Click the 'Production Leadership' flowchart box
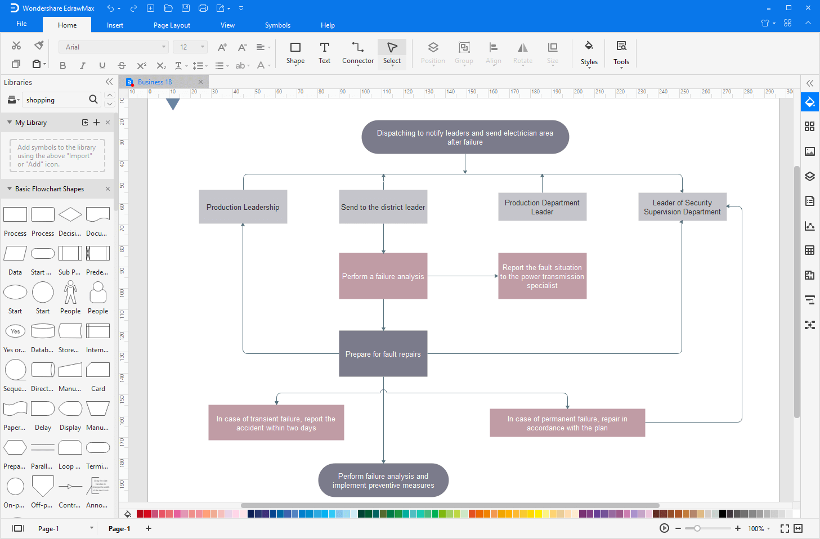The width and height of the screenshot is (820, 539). tap(243, 207)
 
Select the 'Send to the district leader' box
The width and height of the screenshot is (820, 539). tap(383, 207)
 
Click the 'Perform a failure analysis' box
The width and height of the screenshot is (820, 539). tap(383, 276)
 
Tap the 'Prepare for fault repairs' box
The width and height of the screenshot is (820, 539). tap(383, 354)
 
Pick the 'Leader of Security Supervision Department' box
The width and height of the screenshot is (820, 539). tap(682, 207)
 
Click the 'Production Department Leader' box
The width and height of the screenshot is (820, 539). tap(542, 207)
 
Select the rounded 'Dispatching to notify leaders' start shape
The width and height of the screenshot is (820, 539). tap(465, 137)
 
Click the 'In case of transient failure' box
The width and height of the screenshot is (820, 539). tap(276, 423)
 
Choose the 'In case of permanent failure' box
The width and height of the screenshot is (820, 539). tap(567, 423)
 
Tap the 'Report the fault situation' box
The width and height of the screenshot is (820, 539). tap(542, 276)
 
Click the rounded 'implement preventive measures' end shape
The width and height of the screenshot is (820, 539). tap(383, 480)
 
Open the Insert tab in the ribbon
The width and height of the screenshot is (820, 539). tap(115, 25)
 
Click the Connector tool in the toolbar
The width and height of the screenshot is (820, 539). tap(358, 52)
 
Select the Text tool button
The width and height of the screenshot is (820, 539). tap(324, 52)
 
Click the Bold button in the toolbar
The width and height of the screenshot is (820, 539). tap(63, 66)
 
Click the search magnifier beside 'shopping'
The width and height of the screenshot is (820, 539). tap(93, 100)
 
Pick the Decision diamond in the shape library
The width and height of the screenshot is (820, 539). tap(70, 214)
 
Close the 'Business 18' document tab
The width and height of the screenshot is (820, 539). tap(200, 82)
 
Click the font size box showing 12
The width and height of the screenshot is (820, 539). tap(186, 47)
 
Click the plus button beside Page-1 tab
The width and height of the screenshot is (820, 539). tap(149, 528)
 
